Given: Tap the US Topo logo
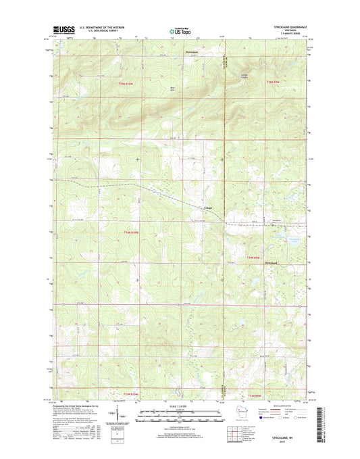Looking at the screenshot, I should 176,30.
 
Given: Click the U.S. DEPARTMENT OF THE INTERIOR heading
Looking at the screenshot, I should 103,27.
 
